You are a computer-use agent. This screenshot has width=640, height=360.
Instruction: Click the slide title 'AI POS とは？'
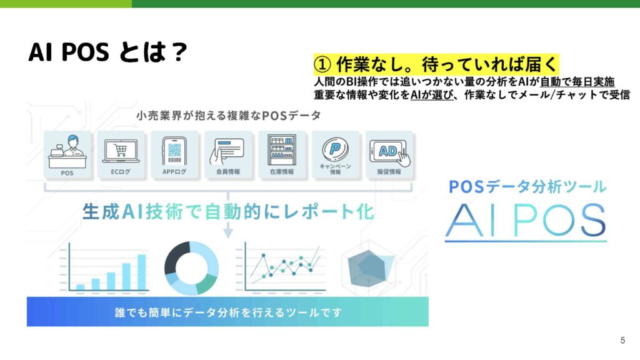pyautogui.click(x=107, y=52)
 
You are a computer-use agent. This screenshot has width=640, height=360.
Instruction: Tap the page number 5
pyautogui.click(x=622, y=341)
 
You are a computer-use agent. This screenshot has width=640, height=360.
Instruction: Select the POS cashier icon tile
pyautogui.click(x=67, y=154)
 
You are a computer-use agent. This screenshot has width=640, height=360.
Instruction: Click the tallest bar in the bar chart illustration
pyautogui.click(x=142, y=272)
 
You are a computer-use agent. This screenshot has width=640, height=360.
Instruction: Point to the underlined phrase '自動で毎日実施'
pyautogui.click(x=577, y=82)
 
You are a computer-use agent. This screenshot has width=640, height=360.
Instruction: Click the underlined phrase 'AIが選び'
pyautogui.click(x=432, y=95)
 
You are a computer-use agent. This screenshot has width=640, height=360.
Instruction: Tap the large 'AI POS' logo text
pyautogui.click(x=526, y=221)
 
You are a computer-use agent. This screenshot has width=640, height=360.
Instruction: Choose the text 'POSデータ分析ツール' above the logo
pyautogui.click(x=527, y=187)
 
